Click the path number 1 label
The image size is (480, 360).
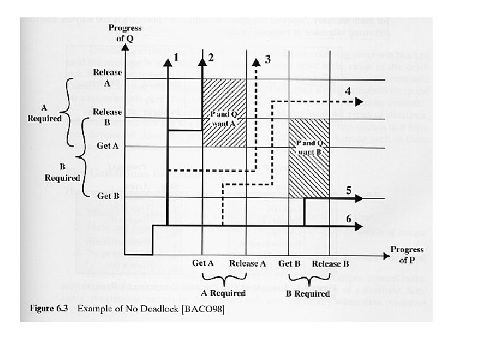pos(175,57)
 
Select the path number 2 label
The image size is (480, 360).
pos(211,57)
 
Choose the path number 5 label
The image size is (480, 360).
pos(348,190)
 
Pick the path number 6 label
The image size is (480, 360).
pos(348,219)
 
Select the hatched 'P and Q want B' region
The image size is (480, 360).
pos(309,159)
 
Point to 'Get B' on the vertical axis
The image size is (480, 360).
pos(109,196)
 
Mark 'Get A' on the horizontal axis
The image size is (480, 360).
pos(203,263)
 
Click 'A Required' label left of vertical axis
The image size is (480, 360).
pos(45,114)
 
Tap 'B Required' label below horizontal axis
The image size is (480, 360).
pos(308,293)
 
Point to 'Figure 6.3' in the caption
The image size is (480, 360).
pos(48,309)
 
